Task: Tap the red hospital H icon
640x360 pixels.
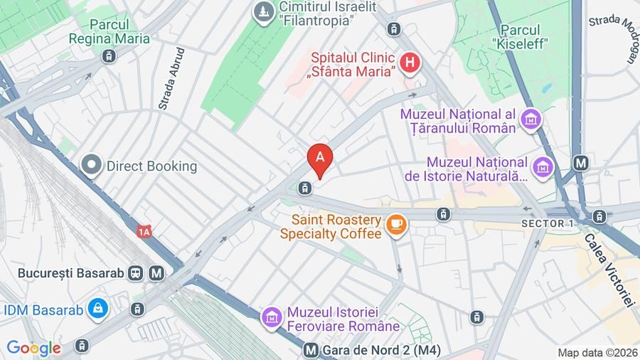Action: (409, 64)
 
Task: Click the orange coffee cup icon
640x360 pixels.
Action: (395, 225)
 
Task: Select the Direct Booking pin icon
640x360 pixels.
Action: (91, 166)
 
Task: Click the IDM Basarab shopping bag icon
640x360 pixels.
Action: (97, 309)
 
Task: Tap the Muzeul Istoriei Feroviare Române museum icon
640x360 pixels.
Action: (271, 318)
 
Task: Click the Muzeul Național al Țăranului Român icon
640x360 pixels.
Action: (530, 120)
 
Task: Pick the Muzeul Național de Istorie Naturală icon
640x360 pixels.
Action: (544, 167)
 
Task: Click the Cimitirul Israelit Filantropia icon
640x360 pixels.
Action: (264, 11)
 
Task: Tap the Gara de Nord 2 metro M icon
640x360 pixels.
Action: (310, 350)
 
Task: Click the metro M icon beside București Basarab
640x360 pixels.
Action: (157, 272)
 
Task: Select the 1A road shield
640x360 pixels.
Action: (145, 231)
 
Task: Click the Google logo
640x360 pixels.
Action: (33, 348)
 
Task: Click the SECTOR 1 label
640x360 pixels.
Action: (548, 223)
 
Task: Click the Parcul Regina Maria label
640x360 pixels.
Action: (109, 31)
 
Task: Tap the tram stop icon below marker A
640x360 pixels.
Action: (304, 188)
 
